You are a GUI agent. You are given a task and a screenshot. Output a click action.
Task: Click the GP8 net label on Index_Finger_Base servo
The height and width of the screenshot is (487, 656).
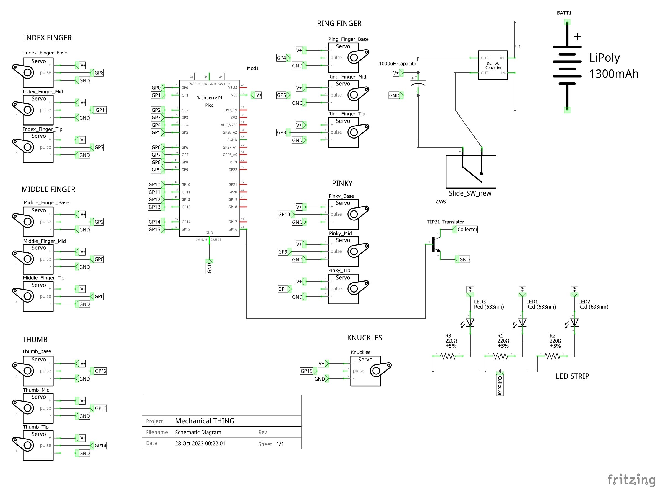[x=99, y=73]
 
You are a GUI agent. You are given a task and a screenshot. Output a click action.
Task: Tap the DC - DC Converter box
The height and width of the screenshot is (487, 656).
[x=492, y=65]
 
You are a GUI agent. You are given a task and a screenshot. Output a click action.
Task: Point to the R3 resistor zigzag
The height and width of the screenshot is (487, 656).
[x=448, y=356]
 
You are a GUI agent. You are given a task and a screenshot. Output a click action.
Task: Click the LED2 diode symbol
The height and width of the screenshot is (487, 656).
[x=574, y=322]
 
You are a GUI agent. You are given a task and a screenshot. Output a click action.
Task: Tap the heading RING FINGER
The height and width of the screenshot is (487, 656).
[x=339, y=24]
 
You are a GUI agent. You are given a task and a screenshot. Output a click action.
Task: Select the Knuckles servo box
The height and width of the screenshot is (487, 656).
[x=366, y=371]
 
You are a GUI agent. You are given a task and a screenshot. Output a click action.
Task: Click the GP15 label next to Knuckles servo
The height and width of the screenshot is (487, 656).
[x=307, y=371]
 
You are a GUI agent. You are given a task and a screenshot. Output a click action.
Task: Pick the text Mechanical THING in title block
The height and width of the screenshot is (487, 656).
[x=205, y=421]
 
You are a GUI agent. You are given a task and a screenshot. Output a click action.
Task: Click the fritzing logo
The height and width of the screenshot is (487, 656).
[x=631, y=479]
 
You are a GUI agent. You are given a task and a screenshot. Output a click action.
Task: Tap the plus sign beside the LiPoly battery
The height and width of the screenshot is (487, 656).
[x=577, y=37]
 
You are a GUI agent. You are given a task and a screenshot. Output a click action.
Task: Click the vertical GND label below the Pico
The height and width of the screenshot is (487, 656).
[x=209, y=268]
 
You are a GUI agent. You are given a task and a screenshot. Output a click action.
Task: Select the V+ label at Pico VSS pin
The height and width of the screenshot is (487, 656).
[x=258, y=95]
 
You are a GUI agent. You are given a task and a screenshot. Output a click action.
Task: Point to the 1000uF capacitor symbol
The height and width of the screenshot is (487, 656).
[x=418, y=82]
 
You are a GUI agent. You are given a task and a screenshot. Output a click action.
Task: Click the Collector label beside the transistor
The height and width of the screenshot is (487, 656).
[x=467, y=229]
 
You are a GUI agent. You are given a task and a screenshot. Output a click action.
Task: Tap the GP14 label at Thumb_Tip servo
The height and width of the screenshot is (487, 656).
[x=100, y=446]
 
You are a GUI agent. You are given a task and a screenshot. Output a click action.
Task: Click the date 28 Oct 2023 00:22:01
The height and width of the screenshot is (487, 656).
[x=200, y=443]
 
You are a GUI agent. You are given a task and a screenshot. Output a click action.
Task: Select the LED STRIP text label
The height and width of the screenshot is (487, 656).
[x=572, y=376]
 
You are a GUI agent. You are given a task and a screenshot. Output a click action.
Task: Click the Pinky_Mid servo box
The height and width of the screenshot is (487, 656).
[x=343, y=251]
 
